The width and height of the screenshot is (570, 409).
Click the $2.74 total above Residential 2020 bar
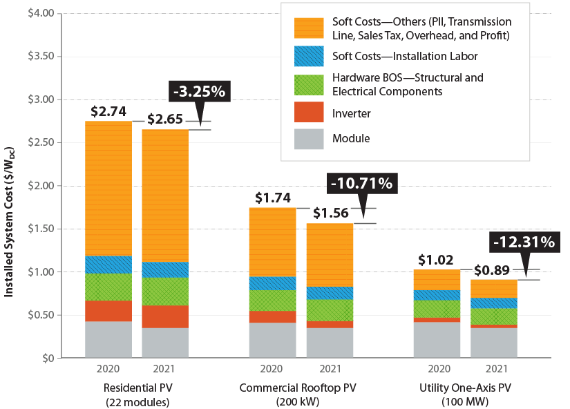pos(107,111)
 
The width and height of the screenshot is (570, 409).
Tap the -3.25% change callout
pos(198,91)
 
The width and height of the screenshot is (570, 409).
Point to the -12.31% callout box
pos(523,242)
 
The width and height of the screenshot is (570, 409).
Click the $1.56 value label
pos(330,213)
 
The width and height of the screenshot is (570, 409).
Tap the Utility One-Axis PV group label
pos(467,388)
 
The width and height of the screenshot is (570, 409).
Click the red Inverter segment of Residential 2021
pos(165,316)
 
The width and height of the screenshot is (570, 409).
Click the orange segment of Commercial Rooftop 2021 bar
pos(330,255)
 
